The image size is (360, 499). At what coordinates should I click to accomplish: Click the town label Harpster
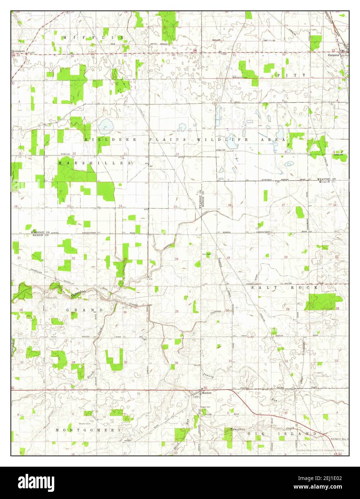tap(333, 55)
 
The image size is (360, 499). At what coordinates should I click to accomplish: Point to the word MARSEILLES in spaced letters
tap(94, 163)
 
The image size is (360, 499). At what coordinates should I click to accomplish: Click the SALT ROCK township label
tap(285, 288)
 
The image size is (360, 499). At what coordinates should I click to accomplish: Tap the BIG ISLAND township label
tap(282, 434)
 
